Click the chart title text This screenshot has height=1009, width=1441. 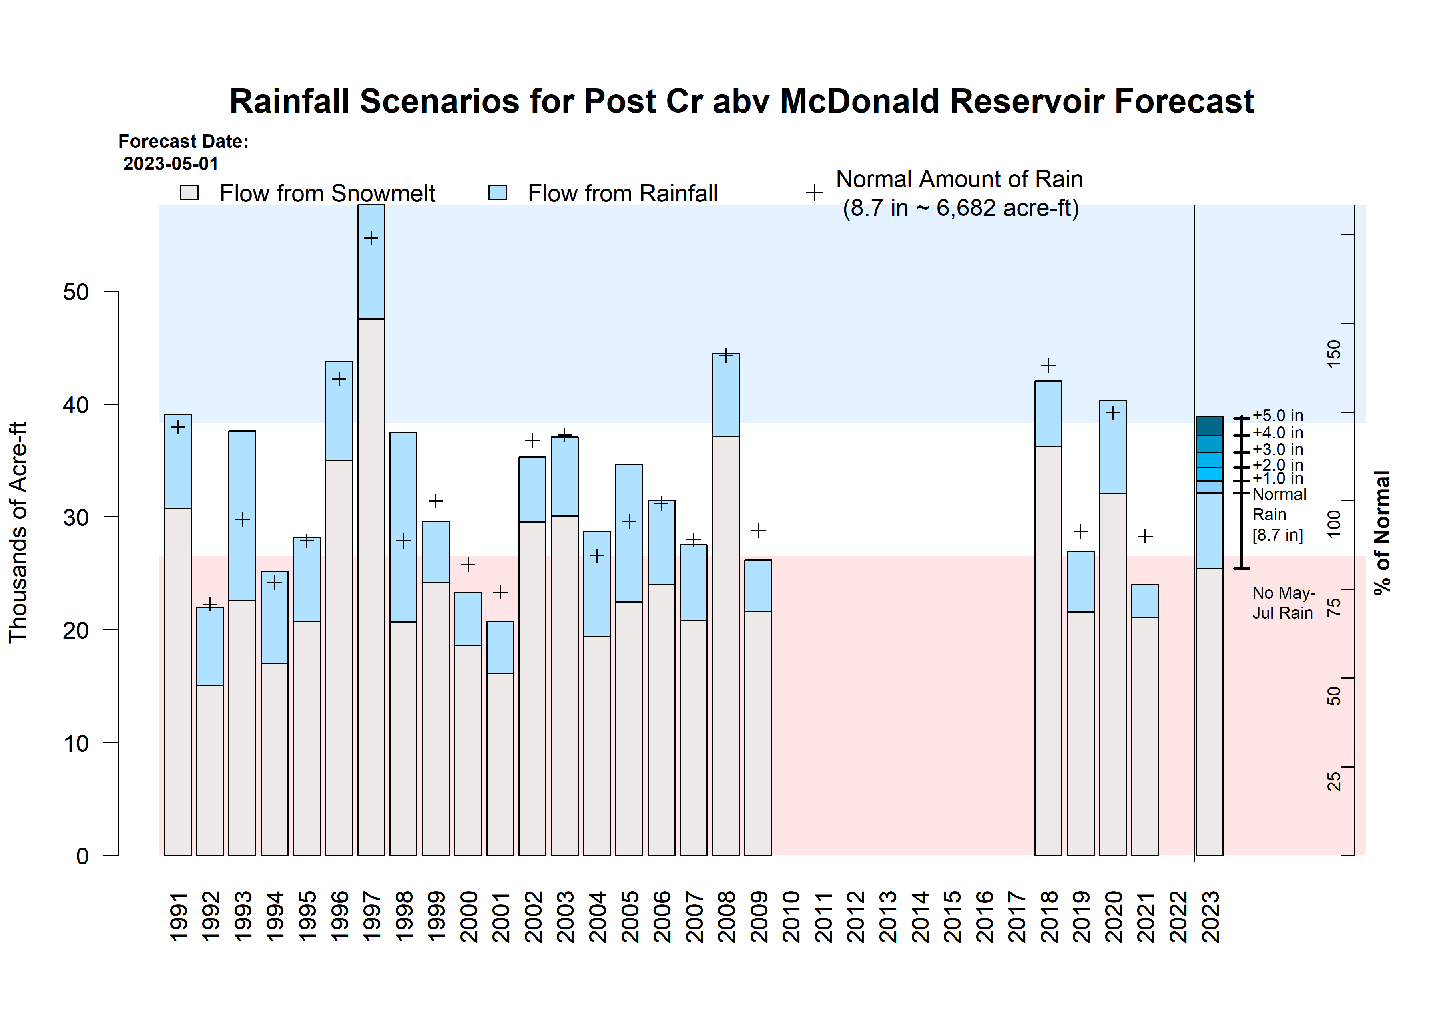pyautogui.click(x=741, y=101)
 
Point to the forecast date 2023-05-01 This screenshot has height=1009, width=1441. pyautogui.click(x=171, y=164)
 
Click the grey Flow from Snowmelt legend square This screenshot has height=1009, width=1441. pyautogui.click(x=189, y=192)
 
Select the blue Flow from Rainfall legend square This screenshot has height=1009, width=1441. pyautogui.click(x=497, y=192)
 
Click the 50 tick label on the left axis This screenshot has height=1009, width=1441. pyautogui.click(x=76, y=292)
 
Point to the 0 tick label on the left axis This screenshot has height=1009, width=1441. pyautogui.click(x=82, y=856)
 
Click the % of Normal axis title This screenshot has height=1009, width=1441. pyautogui.click(x=1382, y=533)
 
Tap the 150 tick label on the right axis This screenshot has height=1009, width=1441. pyautogui.click(x=1334, y=354)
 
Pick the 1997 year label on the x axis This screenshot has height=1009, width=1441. pyautogui.click(x=371, y=916)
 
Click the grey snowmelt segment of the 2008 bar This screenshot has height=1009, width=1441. pyautogui.click(x=726, y=647)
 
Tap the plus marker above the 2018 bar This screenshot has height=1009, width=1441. pyautogui.click(x=1048, y=366)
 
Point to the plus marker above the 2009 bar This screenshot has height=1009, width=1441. pyautogui.click(x=758, y=531)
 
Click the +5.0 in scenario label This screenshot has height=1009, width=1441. pyautogui.click(x=1278, y=416)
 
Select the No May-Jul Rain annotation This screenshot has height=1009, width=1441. pyautogui.click(x=1283, y=603)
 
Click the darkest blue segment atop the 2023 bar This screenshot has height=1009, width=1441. pyautogui.click(x=1209, y=426)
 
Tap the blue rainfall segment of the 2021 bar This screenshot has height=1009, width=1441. pyautogui.click(x=1145, y=601)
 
